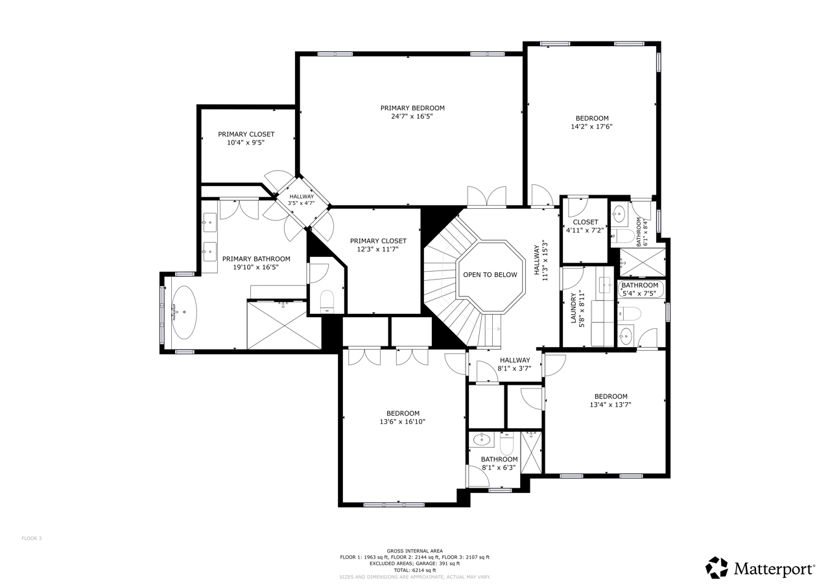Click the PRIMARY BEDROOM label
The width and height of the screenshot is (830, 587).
tap(412, 108)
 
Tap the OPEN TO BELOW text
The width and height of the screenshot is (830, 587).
tap(490, 274)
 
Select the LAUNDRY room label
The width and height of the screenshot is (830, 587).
tap(574, 309)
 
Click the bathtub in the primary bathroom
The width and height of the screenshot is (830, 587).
tap(184, 312)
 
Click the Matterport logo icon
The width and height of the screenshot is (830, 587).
tap(717, 568)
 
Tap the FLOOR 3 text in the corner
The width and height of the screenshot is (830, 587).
tap(31, 538)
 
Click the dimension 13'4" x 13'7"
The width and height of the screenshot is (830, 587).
tap(610, 405)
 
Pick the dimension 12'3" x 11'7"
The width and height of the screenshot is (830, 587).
tap(378, 249)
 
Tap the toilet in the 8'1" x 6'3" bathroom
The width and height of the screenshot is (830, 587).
tap(506, 444)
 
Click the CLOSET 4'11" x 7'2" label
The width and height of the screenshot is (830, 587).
tap(586, 226)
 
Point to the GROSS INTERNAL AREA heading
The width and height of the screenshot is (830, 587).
tap(414, 551)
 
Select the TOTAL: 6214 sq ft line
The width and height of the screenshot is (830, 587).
tap(414, 570)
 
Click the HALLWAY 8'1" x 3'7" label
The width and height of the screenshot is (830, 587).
tap(514, 364)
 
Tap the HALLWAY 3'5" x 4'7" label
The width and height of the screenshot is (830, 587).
tap(302, 200)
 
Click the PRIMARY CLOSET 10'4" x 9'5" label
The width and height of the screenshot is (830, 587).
tap(246, 138)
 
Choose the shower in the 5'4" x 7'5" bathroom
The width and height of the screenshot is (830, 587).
tap(642, 261)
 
